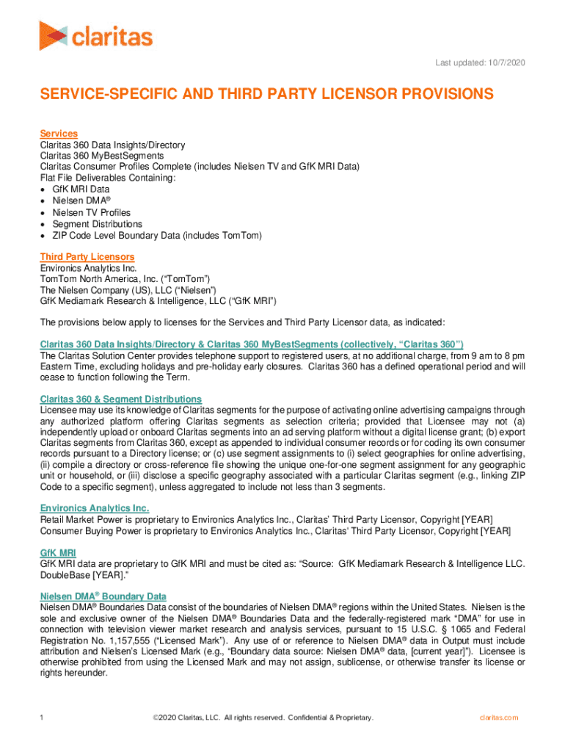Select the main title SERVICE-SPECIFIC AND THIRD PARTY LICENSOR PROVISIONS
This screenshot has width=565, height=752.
click(x=266, y=95)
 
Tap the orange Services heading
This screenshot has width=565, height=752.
click(x=59, y=134)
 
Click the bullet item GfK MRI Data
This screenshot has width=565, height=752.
click(x=81, y=189)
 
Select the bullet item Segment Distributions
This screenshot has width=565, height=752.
click(x=97, y=224)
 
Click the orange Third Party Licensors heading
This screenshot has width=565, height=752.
click(x=87, y=257)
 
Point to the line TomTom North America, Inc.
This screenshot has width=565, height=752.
click(x=125, y=279)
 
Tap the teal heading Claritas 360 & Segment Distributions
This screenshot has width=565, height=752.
click(x=120, y=399)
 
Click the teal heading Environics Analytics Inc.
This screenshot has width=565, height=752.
click(x=95, y=508)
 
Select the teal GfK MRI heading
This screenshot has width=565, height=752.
click(x=58, y=552)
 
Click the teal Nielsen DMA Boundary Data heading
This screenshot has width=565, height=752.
click(x=103, y=596)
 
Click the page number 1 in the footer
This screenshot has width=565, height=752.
click(x=43, y=717)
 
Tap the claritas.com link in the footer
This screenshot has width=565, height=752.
click(x=499, y=717)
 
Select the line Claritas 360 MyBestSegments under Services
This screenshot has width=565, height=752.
click(x=101, y=156)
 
